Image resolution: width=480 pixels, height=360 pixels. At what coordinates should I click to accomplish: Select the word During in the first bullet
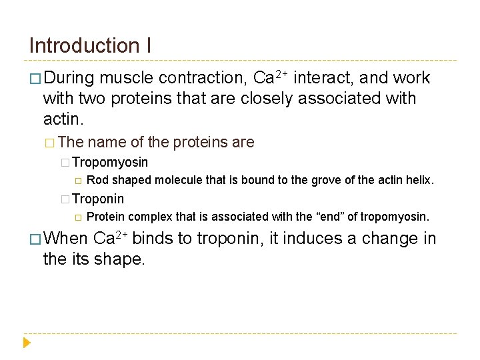click(70, 78)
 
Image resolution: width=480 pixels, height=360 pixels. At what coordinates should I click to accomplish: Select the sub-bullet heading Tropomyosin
click(110, 162)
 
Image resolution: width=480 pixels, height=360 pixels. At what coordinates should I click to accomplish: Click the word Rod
click(98, 180)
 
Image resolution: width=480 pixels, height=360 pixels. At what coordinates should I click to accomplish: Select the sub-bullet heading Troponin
click(98, 199)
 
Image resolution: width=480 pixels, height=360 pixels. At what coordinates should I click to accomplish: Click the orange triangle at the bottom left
click(27, 343)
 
